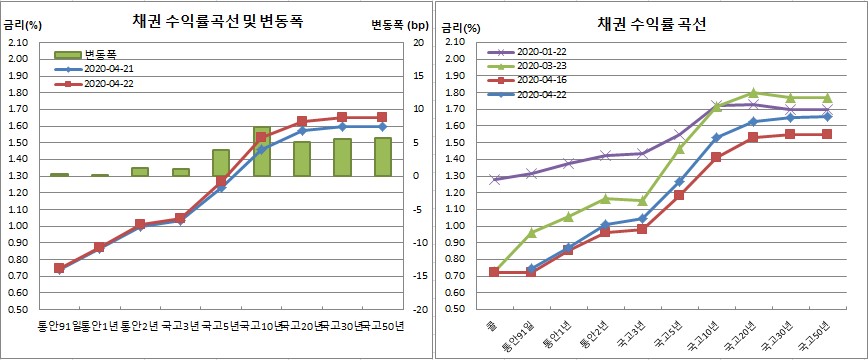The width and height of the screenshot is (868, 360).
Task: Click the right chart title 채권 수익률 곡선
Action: (x=651, y=24)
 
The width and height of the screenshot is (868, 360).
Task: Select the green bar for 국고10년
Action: (x=261, y=152)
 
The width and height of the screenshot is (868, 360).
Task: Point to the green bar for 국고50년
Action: (x=382, y=157)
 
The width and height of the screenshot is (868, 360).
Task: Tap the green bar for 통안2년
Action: (x=140, y=172)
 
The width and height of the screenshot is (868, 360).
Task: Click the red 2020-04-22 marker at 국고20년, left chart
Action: (x=301, y=121)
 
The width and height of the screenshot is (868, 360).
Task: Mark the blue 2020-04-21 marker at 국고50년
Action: (x=382, y=127)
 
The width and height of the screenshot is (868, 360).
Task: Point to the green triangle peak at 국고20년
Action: (x=753, y=92)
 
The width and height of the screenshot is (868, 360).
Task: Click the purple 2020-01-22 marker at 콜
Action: (x=494, y=180)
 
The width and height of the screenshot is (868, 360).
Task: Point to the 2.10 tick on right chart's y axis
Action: (x=453, y=43)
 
